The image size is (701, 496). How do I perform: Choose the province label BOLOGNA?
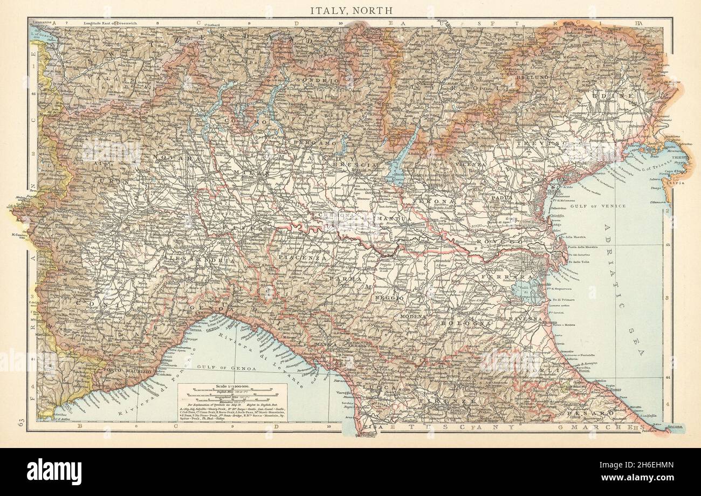tap(460, 323)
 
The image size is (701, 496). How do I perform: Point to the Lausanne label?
tap(42, 22)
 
